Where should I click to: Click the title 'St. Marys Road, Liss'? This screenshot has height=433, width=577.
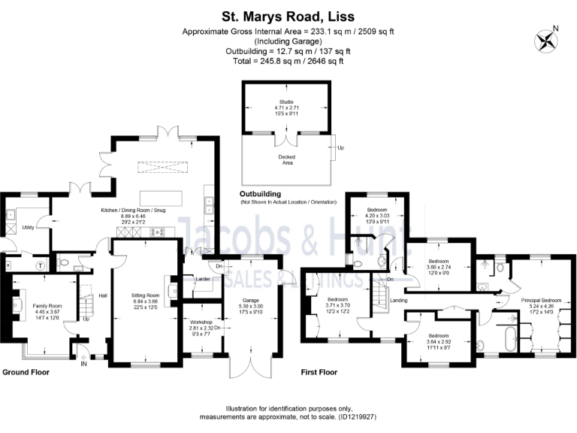[x=288, y=14]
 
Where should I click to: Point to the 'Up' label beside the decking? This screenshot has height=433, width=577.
[x=340, y=147]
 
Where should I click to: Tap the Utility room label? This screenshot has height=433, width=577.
[x=29, y=226]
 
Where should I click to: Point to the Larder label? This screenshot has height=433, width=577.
[x=201, y=278]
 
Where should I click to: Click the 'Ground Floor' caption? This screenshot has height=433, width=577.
[x=27, y=373]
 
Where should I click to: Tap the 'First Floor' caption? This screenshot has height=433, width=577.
[x=319, y=373]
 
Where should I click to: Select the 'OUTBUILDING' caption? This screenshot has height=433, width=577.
[x=267, y=193]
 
